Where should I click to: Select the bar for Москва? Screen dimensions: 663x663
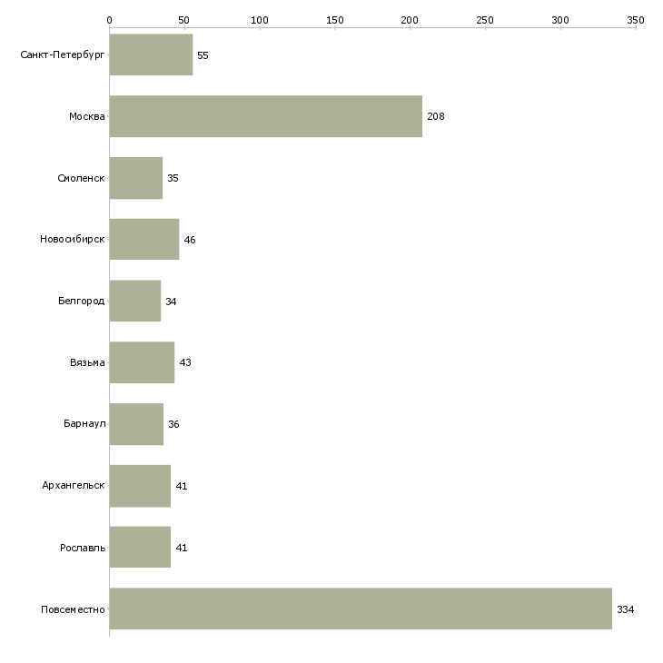pyautogui.click(x=266, y=116)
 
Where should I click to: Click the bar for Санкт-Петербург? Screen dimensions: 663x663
pyautogui.click(x=152, y=54)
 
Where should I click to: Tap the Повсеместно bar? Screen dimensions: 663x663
pyautogui.click(x=361, y=609)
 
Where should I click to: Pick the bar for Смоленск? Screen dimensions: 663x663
pyautogui.click(x=136, y=178)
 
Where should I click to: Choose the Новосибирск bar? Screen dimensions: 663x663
pyautogui.click(x=144, y=240)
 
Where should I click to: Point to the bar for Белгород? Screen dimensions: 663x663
pyautogui.click(x=135, y=301)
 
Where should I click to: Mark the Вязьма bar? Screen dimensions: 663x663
pyautogui.click(x=142, y=362)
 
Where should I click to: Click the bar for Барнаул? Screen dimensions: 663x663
pyautogui.click(x=136, y=424)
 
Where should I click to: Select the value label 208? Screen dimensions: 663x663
pyautogui.click(x=436, y=116)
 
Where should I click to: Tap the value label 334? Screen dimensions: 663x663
pyautogui.click(x=626, y=609)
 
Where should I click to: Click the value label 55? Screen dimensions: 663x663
pyautogui.click(x=203, y=55)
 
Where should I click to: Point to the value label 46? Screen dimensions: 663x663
pyautogui.click(x=190, y=240)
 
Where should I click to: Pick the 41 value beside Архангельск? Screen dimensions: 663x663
pyautogui.click(x=182, y=486)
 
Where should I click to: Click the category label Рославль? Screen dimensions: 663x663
pyautogui.click(x=83, y=548)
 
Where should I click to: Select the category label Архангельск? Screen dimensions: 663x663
pyautogui.click(x=74, y=485)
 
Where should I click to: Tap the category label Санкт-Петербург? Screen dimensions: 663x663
pyautogui.click(x=63, y=55)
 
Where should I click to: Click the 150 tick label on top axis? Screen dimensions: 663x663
pyautogui.click(x=335, y=20)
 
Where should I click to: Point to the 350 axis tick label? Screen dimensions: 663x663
pyautogui.click(x=636, y=20)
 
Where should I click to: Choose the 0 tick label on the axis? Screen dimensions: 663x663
pyautogui.click(x=110, y=20)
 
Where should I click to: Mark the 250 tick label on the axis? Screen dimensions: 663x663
pyautogui.click(x=485, y=20)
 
